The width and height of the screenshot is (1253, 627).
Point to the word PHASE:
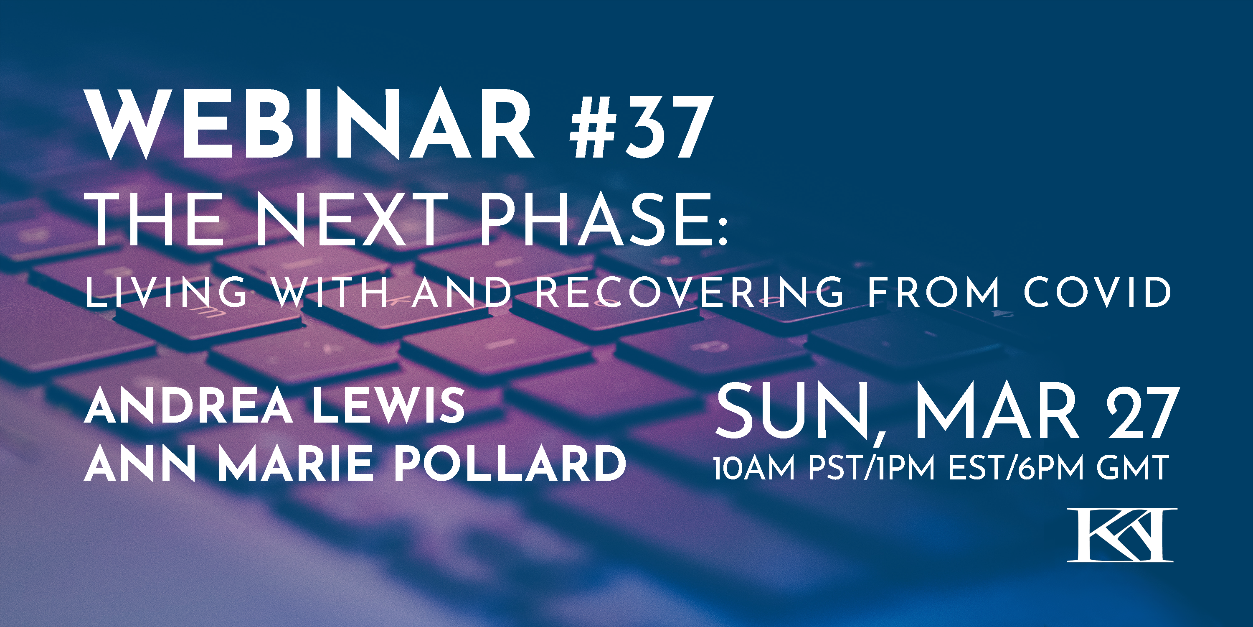(x=603, y=219)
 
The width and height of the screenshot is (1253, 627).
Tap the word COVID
(x=1097, y=292)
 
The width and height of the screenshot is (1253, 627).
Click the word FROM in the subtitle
(x=934, y=292)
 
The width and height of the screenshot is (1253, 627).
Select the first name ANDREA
(x=188, y=405)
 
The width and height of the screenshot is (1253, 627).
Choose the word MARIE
(x=296, y=463)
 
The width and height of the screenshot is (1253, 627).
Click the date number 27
(x=1144, y=411)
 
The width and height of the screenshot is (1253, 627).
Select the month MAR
(x=997, y=411)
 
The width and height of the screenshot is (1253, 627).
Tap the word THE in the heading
(x=156, y=219)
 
